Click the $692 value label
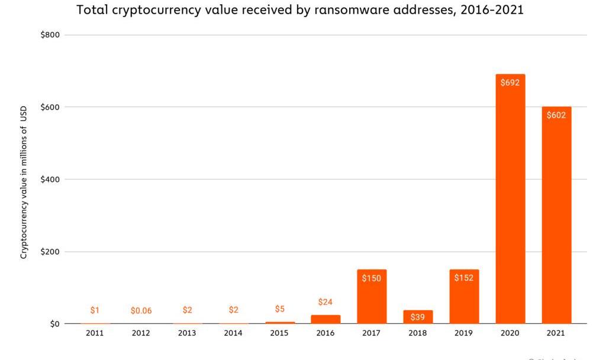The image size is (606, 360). [510, 83]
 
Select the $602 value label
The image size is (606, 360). [556, 115]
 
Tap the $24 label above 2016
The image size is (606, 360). [325, 302]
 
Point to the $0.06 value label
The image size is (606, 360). [141, 311]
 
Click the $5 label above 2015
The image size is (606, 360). [279, 309]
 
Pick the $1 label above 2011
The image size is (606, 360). [95, 310]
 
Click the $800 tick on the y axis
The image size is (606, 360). [50, 35]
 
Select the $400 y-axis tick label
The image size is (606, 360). [50, 179]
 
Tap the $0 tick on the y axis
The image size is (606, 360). [54, 324]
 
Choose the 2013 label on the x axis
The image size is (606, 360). [187, 333]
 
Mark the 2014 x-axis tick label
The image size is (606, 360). [233, 333]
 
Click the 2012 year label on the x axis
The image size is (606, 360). [141, 333]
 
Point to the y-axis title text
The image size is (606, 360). [24, 182]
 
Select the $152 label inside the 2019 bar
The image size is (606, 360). [464, 278]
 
